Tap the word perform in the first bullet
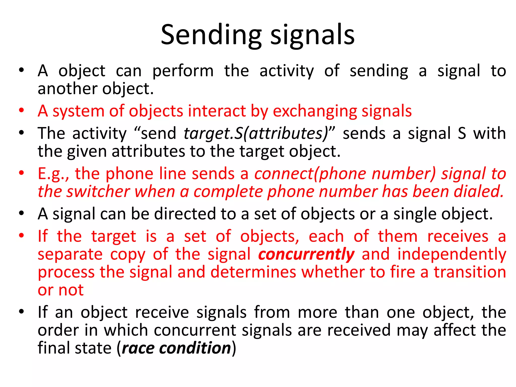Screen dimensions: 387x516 pos(183,71)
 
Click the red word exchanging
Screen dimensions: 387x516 pos(315,111)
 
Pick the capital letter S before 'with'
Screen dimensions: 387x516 pos(462,134)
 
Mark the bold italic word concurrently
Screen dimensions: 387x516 pos(306,254)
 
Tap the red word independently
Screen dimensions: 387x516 pos(452,254)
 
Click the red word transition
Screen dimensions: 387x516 pos(470,272)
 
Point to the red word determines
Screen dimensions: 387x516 pos(253,272)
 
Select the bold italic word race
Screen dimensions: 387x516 pos(138,348)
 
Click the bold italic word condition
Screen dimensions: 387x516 pos(195,348)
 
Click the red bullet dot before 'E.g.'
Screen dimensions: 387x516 pos(21,173)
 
